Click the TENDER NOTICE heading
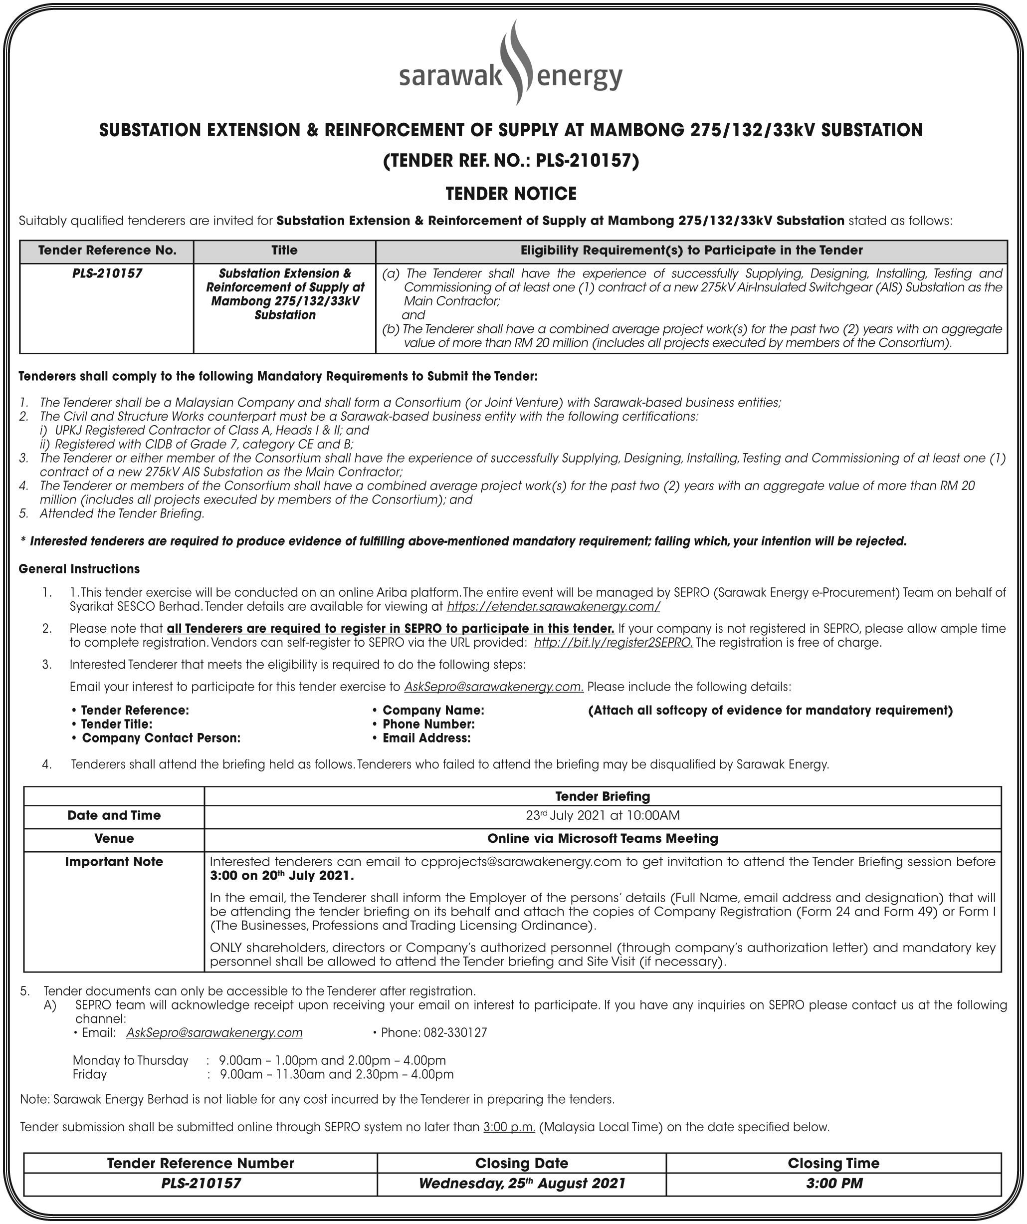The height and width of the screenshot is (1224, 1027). tap(511, 194)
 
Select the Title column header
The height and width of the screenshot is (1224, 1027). tap(284, 250)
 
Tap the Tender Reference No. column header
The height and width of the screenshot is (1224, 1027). tap(107, 250)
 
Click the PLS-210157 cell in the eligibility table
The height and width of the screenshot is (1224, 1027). tap(107, 273)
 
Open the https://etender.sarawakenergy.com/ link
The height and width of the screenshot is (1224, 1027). tap(553, 607)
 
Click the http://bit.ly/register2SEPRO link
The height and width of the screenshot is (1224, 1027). tap(613, 642)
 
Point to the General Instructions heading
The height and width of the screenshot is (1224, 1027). tap(79, 569)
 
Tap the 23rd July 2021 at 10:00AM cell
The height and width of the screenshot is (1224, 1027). tap(603, 815)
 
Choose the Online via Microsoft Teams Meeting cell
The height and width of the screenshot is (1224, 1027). tap(603, 839)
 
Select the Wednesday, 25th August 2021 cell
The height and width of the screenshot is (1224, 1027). tap(521, 1183)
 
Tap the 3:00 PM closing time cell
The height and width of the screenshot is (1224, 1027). tap(833, 1183)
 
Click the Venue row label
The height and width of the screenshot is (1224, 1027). tap(114, 839)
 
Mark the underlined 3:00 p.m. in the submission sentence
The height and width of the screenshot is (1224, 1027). tap(509, 1127)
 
